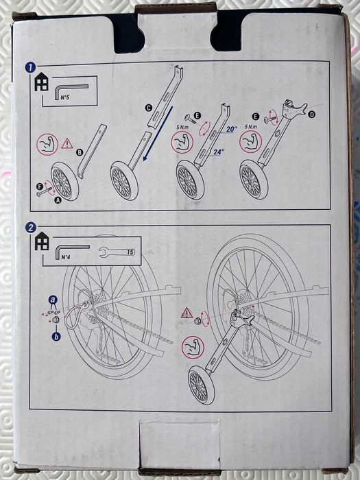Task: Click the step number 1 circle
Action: coord(31,67)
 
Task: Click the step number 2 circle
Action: coord(31,227)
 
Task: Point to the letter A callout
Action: coord(57,200)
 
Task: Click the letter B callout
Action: coord(79,152)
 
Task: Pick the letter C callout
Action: coord(148,107)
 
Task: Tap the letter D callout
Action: coord(311,115)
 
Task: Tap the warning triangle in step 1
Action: coord(67,144)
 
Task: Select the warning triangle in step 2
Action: coord(185,313)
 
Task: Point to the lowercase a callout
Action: coord(53,300)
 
